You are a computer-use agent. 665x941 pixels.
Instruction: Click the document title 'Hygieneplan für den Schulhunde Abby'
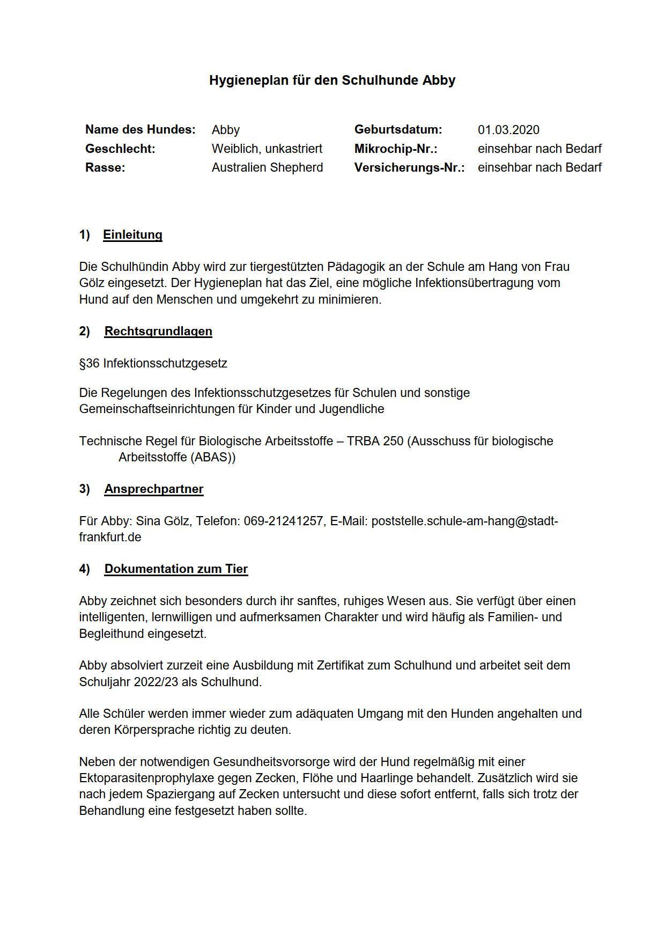(332, 80)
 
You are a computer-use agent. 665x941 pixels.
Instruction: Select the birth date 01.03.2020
(508, 130)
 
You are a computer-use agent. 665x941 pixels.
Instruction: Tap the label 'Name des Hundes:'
(140, 130)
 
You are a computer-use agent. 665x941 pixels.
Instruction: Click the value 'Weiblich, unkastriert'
(267, 149)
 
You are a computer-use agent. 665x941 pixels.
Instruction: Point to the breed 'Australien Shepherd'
(267, 167)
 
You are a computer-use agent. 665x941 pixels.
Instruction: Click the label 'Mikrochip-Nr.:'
(395, 149)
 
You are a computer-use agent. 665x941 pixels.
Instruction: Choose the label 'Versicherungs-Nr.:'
(409, 167)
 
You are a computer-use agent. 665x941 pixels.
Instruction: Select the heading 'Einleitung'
(132, 235)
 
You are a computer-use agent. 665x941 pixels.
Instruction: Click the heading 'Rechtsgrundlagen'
(158, 331)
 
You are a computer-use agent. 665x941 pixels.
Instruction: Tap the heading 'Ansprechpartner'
(154, 489)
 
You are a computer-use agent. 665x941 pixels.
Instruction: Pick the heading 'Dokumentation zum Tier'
(176, 569)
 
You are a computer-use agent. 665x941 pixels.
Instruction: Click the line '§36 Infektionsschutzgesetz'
(153, 363)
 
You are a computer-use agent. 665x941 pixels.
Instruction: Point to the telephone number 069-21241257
(284, 521)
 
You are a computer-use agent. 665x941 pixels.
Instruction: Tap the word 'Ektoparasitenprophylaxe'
(144, 778)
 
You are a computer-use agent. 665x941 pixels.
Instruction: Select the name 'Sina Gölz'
(161, 521)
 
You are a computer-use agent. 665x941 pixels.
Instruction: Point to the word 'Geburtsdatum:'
(398, 130)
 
